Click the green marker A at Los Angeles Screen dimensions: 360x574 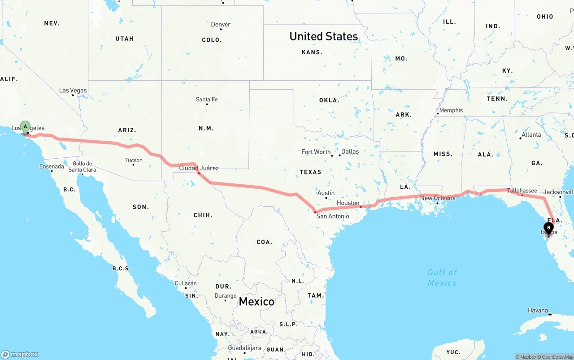pyautogui.click(x=25, y=126)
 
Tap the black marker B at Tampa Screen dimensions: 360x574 pyautogui.click(x=548, y=228)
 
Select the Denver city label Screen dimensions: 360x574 pyautogui.click(x=221, y=25)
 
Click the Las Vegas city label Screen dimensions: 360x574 pyautogui.click(x=73, y=91)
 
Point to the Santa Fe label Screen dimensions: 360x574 pyautogui.click(x=207, y=100)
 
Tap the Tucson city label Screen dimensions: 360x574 pyautogui.click(x=134, y=160)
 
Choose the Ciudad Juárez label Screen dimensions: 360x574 pyautogui.click(x=199, y=168)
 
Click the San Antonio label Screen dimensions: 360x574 pyautogui.click(x=333, y=216)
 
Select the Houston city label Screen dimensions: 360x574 pyautogui.click(x=348, y=203)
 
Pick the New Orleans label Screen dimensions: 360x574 pyautogui.click(x=438, y=198)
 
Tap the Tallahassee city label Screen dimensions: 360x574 pyautogui.click(x=522, y=191)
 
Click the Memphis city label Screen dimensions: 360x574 pyautogui.click(x=451, y=110)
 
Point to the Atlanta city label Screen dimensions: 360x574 pyautogui.click(x=531, y=134)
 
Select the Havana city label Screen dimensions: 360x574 pyautogui.click(x=538, y=310)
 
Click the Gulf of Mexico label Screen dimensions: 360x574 pyautogui.click(x=442, y=278)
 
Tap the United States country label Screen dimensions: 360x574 pyautogui.click(x=324, y=36)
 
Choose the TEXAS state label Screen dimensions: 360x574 pyautogui.click(x=311, y=172)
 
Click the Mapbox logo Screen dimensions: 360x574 pyautogui.click(x=20, y=354)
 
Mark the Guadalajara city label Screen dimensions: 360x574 pyautogui.click(x=244, y=348)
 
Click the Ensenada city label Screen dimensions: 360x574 pyautogui.click(x=52, y=166)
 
